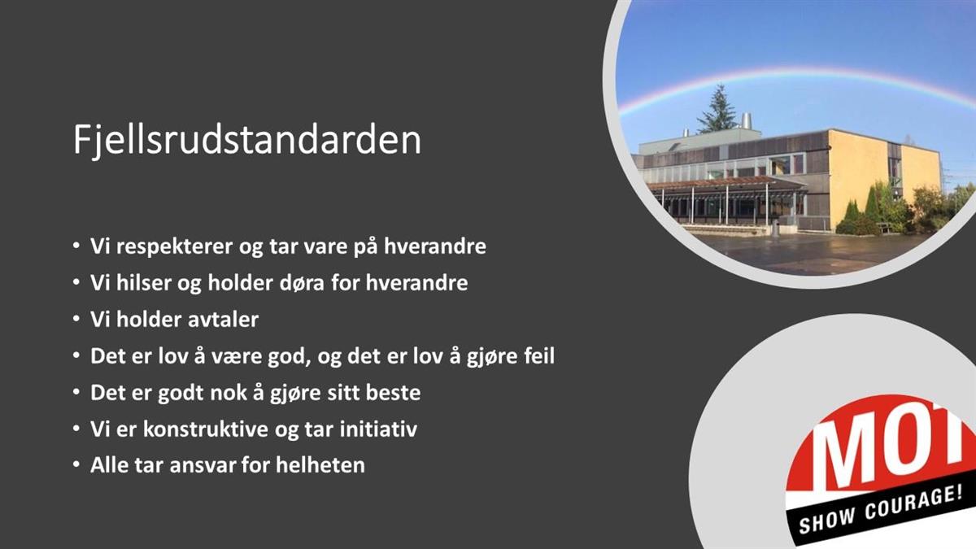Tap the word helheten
[320, 465]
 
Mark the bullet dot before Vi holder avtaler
[76, 320]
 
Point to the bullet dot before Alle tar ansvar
[76, 465]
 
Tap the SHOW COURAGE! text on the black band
[880, 511]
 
